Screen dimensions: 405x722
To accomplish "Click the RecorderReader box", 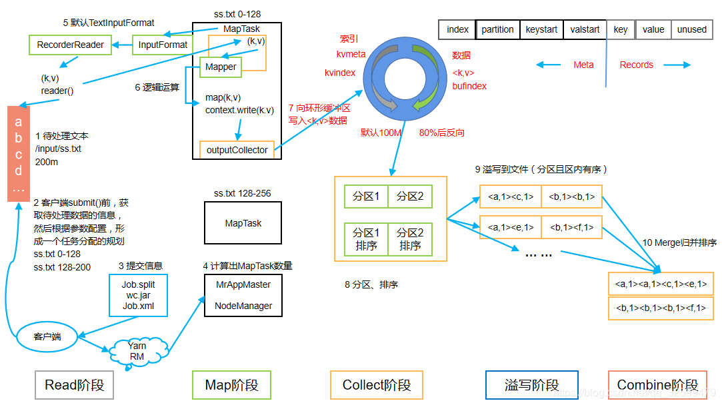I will point(71,45).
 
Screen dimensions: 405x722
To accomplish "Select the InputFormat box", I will point(163,45).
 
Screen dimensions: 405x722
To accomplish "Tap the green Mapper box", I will point(221,67).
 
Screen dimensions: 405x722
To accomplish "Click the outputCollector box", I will point(237,150).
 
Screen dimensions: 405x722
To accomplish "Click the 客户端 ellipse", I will point(47,336).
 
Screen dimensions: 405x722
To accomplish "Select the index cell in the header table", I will point(457,29).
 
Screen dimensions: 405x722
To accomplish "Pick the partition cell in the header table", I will point(497,29).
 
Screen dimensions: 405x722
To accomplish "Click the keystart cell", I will point(541,29).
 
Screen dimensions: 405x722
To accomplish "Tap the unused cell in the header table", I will point(691,29).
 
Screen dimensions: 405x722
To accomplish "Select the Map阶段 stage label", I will point(231,385).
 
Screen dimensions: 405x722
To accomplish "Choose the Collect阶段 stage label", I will point(377,385).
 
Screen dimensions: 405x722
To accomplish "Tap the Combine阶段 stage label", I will point(657,385).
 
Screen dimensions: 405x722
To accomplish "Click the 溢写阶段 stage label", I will point(532,385).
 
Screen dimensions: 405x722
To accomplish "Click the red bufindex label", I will point(469,86).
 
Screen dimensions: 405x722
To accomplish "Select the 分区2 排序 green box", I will point(410,239).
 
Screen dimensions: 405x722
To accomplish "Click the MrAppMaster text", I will point(243,284).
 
